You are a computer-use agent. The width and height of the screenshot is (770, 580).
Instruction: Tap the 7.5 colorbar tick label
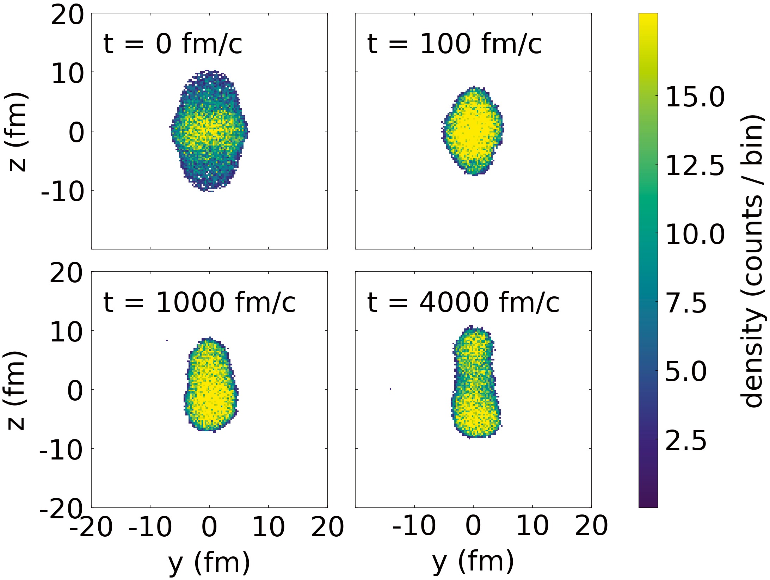point(686,302)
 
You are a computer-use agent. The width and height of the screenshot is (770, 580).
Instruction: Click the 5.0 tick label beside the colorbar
point(686,371)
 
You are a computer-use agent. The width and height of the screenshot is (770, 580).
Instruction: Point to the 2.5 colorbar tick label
point(686,440)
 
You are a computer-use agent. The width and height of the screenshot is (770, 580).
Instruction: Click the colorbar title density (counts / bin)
point(752,260)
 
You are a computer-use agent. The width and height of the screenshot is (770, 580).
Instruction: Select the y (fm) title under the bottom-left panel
point(209,563)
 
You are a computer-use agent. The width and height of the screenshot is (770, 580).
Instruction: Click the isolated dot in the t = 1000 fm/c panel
point(167,340)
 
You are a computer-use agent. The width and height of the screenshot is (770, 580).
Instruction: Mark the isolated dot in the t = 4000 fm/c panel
point(390,389)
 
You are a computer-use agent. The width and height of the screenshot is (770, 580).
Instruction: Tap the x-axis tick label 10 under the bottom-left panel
point(269,527)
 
